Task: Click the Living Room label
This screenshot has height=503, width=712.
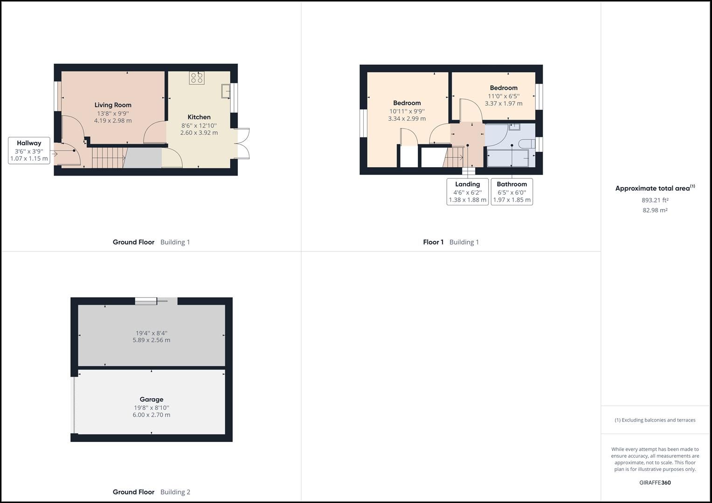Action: click(113, 105)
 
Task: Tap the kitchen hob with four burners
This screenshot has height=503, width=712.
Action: click(196, 78)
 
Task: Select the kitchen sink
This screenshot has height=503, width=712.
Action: click(226, 91)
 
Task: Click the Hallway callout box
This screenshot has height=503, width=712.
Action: click(29, 150)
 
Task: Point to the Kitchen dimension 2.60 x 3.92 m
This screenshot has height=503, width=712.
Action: click(199, 133)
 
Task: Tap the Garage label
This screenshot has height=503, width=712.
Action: click(151, 399)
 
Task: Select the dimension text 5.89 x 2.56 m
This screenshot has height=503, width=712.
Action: click(151, 340)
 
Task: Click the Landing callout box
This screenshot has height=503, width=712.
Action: click(467, 191)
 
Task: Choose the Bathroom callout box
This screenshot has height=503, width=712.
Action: click(512, 191)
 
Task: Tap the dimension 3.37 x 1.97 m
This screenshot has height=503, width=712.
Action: click(503, 103)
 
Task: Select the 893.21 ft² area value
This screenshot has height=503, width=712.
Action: click(655, 200)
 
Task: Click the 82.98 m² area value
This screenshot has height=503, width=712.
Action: click(655, 210)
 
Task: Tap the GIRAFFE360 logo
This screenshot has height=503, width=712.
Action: click(655, 483)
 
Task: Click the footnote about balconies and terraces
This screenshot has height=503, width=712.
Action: click(655, 420)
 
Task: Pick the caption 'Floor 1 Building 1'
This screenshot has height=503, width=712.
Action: click(450, 242)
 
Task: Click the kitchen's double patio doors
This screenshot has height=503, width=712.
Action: click(242, 143)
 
